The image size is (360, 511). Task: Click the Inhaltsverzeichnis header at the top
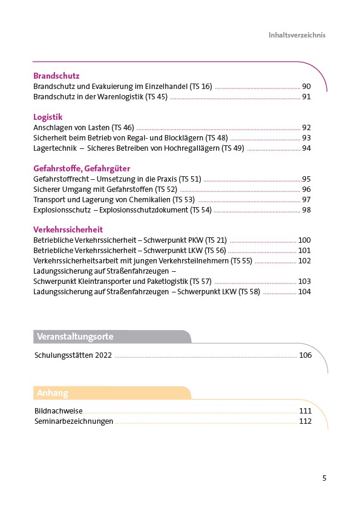point(297,35)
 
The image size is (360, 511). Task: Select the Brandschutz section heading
point(56,76)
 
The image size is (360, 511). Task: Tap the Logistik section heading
point(48,117)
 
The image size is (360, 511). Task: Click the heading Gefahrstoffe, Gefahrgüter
point(82,168)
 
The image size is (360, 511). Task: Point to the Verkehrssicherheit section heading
point(68,229)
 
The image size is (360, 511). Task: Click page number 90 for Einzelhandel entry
point(306,87)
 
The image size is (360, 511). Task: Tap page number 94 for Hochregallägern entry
point(306,148)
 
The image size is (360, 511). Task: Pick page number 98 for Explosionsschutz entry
point(306,210)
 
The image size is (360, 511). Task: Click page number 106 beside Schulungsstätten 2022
point(306,355)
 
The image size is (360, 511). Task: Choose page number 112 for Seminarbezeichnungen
point(306,421)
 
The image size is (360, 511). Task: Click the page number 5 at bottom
point(324,478)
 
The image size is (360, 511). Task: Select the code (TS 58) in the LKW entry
point(249,292)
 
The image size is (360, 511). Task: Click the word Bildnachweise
point(58,410)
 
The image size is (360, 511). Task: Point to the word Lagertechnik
point(55,148)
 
